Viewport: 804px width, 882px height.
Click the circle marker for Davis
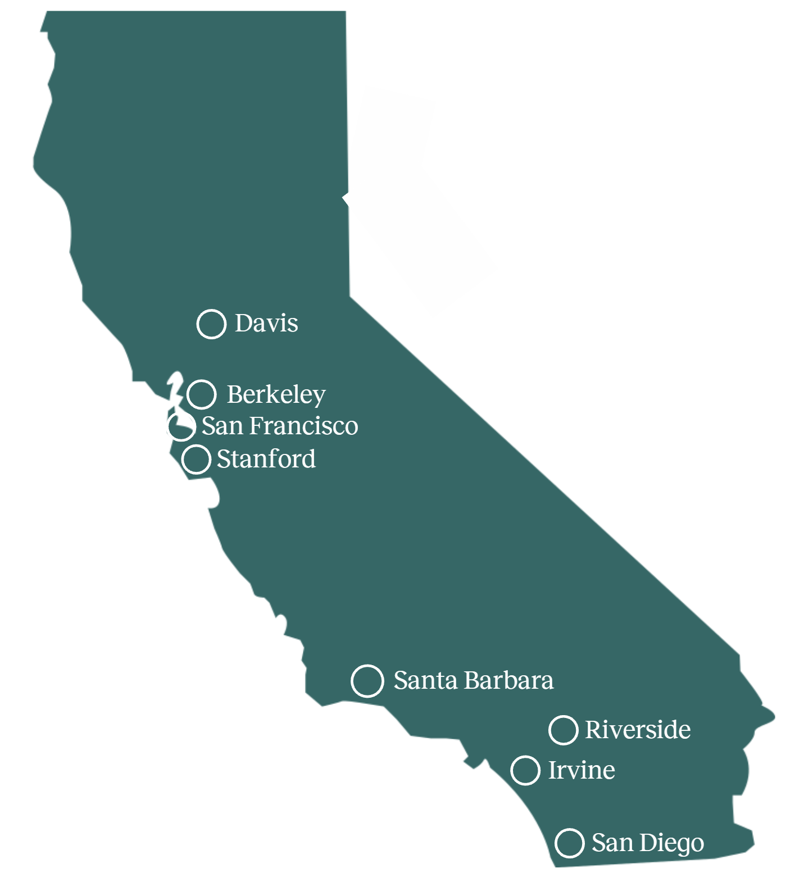tap(211, 324)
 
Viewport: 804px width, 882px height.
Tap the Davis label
tap(266, 324)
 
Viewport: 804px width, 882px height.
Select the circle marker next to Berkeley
tap(201, 394)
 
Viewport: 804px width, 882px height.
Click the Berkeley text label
tap(276, 395)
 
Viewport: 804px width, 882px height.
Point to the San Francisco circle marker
tap(181, 426)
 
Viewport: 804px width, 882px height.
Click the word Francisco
tap(303, 426)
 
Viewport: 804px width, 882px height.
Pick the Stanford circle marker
tap(196, 459)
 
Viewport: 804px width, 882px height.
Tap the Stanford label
tap(266, 459)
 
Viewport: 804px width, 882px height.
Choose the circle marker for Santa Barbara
tap(367, 681)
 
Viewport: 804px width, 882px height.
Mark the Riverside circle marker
tap(563, 730)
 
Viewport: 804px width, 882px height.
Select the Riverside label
tap(638, 730)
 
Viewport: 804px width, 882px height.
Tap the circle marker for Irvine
tap(525, 770)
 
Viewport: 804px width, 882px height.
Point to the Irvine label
tap(582, 770)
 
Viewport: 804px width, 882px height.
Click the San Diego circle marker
tap(569, 843)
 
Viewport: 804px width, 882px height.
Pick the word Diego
tap(671, 843)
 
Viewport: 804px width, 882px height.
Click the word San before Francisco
tap(222, 426)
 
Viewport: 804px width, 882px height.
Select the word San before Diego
tap(612, 843)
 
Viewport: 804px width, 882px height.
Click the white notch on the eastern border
tap(347, 198)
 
